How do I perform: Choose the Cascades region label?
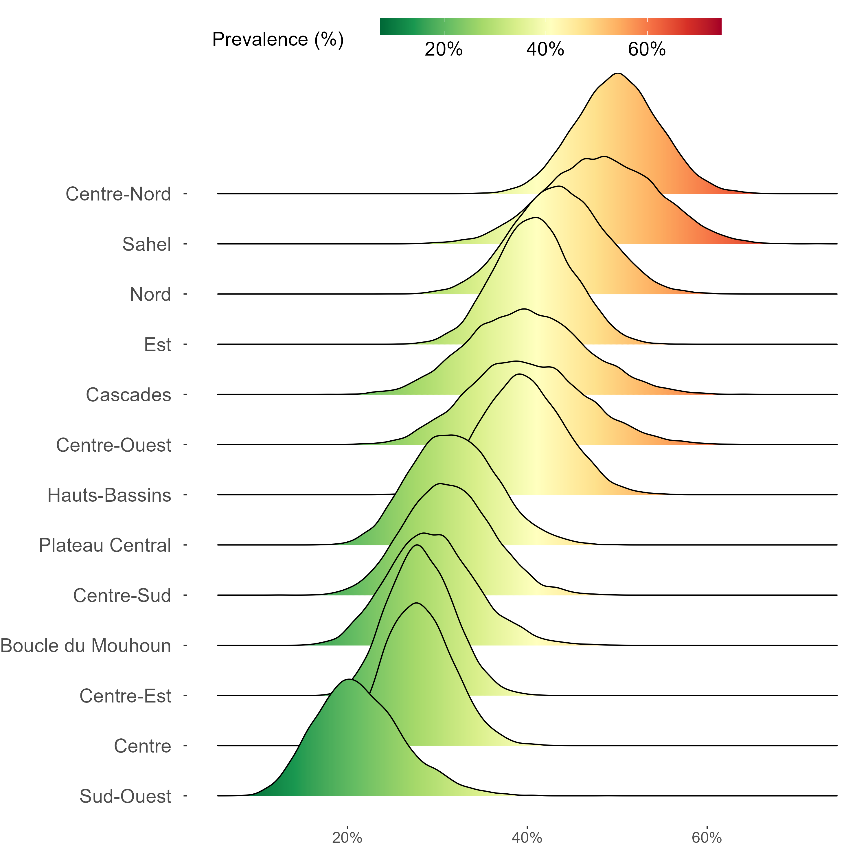[128, 395]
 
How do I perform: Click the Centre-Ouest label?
[114, 445]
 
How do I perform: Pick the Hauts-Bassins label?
[109, 495]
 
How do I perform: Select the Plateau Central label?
[105, 545]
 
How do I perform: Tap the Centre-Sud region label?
[122, 596]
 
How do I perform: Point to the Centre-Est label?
[125, 696]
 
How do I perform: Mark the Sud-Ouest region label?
[125, 796]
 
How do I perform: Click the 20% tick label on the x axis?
[347, 838]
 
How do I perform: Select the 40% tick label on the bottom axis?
[527, 838]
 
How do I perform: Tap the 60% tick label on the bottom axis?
[707, 838]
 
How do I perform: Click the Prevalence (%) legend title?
[278, 40]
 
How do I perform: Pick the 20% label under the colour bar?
[444, 49]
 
